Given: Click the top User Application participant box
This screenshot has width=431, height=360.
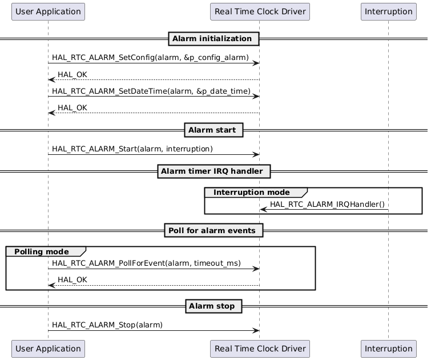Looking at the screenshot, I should (48, 11).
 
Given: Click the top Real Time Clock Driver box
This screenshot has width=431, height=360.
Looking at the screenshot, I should (260, 11).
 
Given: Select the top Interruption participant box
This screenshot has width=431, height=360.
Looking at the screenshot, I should (388, 11).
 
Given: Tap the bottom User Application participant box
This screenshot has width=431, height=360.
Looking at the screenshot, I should (48, 348).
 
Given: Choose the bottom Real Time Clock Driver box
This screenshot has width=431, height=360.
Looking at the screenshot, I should (260, 348).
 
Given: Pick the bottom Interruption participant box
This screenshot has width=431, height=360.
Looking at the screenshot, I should (388, 348).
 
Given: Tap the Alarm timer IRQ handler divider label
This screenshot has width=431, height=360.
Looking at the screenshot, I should (214, 171).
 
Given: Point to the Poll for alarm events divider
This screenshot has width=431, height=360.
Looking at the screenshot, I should (214, 230).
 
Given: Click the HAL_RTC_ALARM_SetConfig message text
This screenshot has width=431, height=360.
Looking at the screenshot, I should (150, 58).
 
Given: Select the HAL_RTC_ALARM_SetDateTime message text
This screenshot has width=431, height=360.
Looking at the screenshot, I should (151, 91).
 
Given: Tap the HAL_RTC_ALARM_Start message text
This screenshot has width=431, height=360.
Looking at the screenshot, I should (132, 149).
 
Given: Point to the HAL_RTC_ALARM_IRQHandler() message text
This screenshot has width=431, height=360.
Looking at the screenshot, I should (327, 205).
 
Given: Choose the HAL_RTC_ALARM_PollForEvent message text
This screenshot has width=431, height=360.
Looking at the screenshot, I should (146, 263).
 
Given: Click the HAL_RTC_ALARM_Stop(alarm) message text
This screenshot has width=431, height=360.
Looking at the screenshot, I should (107, 325).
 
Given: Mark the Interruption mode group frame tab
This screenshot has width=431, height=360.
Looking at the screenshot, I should (253, 193).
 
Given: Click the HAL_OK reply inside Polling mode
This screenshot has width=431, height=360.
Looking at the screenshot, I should (72, 280).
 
